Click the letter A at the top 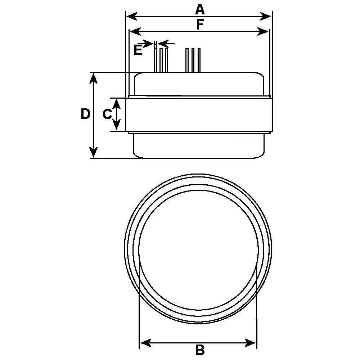coord(200,9)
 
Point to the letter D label coord(85,114)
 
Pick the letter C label coord(107,114)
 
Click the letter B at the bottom coord(200,350)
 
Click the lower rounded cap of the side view coord(200,145)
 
